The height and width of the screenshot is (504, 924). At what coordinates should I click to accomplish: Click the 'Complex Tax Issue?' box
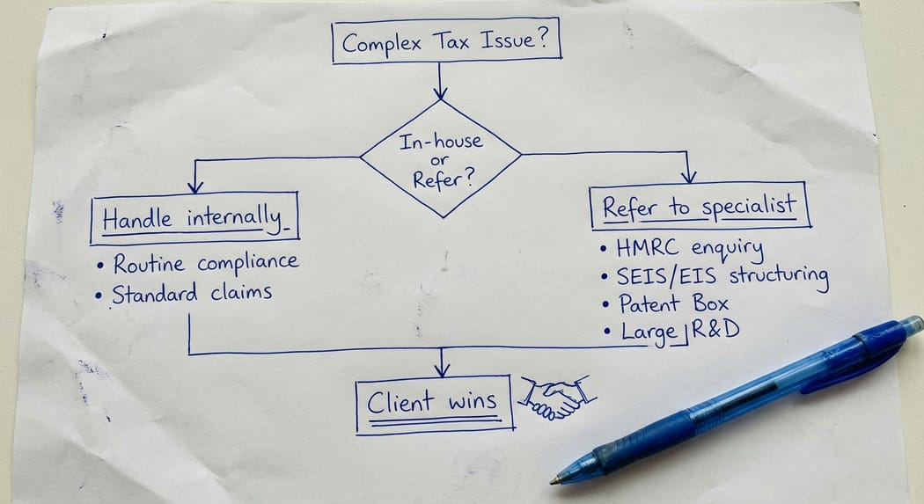[446, 43]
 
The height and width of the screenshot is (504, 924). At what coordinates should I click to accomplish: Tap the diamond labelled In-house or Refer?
[441, 158]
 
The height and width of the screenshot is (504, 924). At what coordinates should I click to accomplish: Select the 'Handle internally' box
[194, 219]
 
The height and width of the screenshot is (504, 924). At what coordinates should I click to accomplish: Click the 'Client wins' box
[435, 405]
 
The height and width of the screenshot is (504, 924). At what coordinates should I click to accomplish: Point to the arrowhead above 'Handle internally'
[195, 185]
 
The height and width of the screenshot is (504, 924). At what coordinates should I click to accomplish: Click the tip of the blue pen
[554, 480]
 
